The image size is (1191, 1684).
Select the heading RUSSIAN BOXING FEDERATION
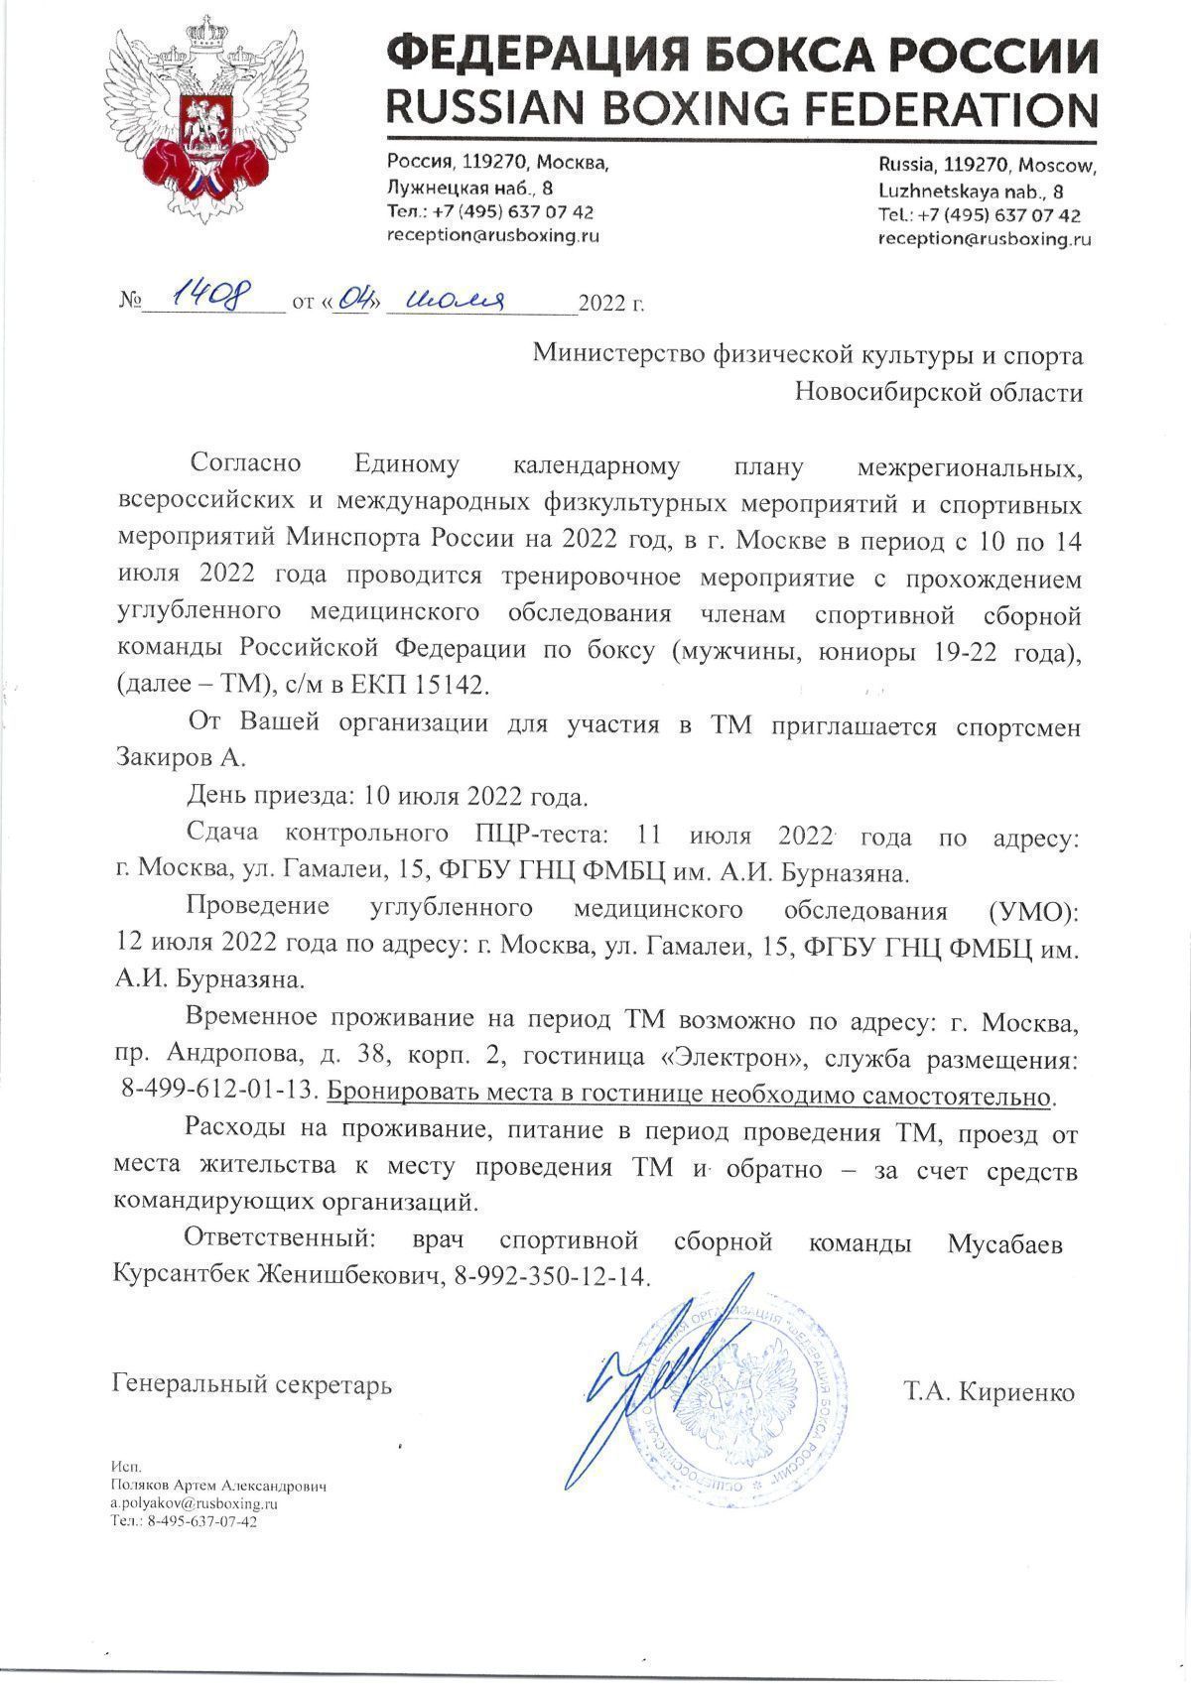[741, 106]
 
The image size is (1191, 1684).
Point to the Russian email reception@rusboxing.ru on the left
[493, 235]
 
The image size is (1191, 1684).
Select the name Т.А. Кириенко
[989, 1392]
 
